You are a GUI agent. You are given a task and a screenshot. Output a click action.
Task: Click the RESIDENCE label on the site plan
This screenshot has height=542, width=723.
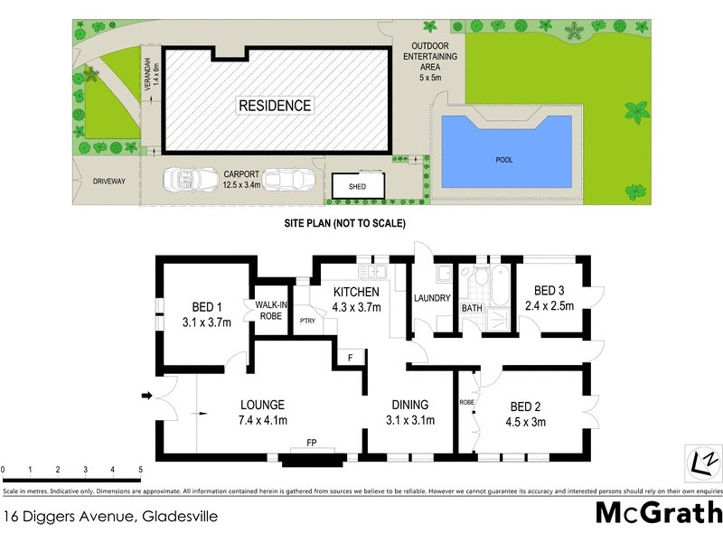click(x=275, y=106)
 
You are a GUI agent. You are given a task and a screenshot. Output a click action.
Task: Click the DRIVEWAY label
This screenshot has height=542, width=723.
click(x=108, y=181)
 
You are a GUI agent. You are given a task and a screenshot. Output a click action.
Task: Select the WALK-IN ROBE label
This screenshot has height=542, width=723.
click(x=271, y=310)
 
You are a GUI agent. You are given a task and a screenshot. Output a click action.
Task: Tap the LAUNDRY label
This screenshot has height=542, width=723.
click(x=431, y=299)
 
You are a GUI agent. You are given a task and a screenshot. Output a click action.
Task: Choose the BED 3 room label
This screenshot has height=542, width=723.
click(x=549, y=291)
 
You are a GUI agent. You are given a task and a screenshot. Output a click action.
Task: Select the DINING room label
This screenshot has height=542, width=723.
click(x=409, y=405)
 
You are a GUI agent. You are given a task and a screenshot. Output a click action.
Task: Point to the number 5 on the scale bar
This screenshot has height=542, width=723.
click(x=140, y=470)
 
